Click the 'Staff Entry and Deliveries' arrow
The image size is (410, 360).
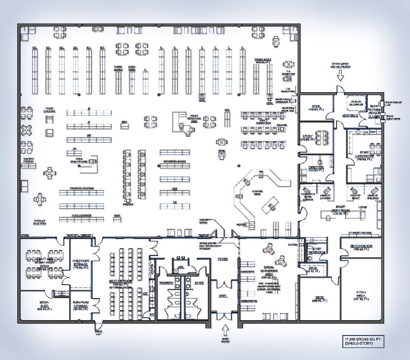(x=340, y=75)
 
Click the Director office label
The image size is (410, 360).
(x=316, y=168)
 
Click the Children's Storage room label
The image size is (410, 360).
(x=80, y=263)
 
